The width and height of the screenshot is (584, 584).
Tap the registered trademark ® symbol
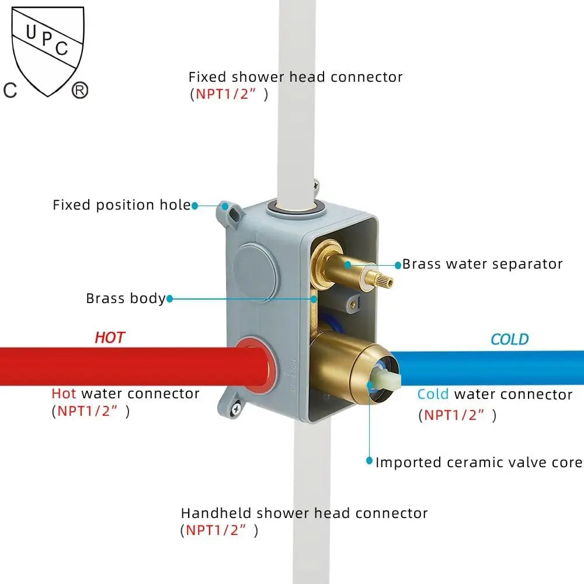(x=79, y=91)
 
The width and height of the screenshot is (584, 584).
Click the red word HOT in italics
(x=110, y=337)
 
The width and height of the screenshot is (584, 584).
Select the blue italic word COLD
(x=509, y=339)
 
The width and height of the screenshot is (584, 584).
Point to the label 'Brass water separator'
(x=482, y=264)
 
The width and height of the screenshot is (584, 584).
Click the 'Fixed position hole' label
(x=121, y=205)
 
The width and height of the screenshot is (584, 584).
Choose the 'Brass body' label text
(x=126, y=298)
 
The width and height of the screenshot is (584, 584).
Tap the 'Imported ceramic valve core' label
(x=479, y=463)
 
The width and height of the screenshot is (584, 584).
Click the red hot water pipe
(x=117, y=366)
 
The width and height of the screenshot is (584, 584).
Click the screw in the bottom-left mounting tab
(x=237, y=409)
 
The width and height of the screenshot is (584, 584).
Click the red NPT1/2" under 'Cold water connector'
(x=454, y=415)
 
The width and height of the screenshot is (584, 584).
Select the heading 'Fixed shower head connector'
(x=296, y=77)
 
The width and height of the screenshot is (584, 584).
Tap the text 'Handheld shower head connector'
(x=304, y=513)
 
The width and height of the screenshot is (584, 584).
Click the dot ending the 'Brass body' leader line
(x=170, y=298)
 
